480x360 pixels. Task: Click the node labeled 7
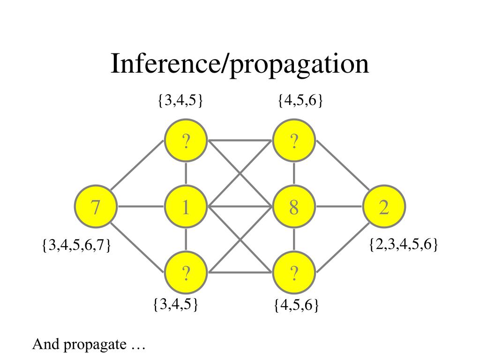pyautogui.click(x=96, y=206)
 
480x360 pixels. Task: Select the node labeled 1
pyautogui.click(x=186, y=206)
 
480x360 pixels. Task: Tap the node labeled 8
pyautogui.click(x=294, y=206)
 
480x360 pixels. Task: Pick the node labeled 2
pyautogui.click(x=384, y=206)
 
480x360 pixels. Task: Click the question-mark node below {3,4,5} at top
pyautogui.click(x=186, y=141)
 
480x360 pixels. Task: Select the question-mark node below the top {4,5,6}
pyautogui.click(x=294, y=141)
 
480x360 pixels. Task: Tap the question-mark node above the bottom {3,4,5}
pyautogui.click(x=186, y=272)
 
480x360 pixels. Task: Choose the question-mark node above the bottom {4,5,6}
pyautogui.click(x=294, y=272)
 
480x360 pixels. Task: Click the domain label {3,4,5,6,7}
pyautogui.click(x=76, y=245)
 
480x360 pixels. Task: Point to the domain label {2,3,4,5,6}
pyautogui.click(x=404, y=244)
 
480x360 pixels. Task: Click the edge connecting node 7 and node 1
pyautogui.click(x=141, y=206)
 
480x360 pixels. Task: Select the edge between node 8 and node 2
pyautogui.click(x=339, y=206)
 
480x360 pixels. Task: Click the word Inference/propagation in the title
pyautogui.click(x=240, y=64)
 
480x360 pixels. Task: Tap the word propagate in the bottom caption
pyautogui.click(x=95, y=345)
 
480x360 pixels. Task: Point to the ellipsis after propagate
pyautogui.click(x=138, y=349)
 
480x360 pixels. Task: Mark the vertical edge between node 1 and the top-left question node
pyautogui.click(x=186, y=173)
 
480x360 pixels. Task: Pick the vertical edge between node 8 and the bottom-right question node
pyautogui.click(x=294, y=240)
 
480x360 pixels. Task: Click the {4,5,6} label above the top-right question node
pyautogui.click(x=300, y=100)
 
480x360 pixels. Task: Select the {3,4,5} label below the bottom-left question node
pyautogui.click(x=176, y=304)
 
